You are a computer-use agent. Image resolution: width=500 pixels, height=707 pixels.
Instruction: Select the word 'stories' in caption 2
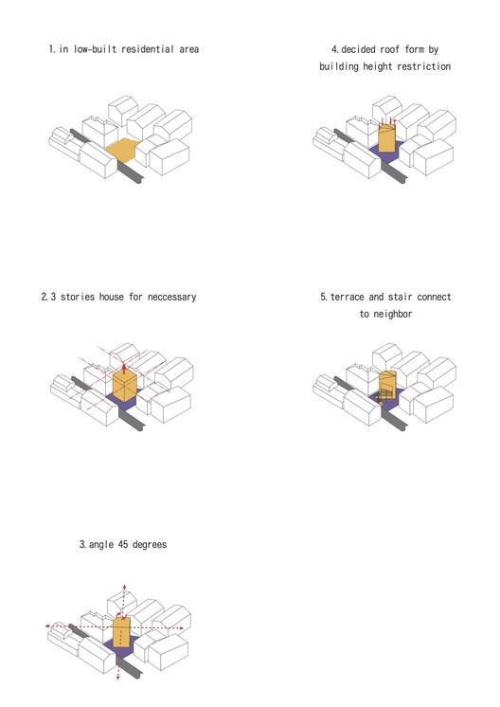[x=78, y=297]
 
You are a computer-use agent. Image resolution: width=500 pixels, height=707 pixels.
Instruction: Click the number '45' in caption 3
[x=123, y=544]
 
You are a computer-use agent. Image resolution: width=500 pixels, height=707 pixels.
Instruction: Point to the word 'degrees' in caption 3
[x=150, y=545]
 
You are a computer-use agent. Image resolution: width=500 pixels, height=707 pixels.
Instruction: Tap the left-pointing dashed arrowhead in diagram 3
[x=47, y=625]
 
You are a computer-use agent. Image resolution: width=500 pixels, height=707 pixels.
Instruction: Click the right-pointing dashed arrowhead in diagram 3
[x=181, y=628]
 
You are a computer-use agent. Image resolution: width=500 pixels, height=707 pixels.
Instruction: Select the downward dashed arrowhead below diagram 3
[x=118, y=677]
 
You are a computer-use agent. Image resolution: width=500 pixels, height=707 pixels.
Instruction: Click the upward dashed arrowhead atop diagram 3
[x=124, y=587]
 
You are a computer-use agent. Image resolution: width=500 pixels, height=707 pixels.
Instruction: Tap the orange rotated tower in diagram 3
[x=121, y=632]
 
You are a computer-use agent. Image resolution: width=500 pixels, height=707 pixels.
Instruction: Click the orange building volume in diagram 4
[x=387, y=138]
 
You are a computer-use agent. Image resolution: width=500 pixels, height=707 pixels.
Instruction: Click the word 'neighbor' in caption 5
[x=392, y=314]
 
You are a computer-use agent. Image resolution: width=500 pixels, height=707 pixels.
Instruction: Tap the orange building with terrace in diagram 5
[x=387, y=386]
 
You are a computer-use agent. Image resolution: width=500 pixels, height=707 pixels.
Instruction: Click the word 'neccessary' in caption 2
[x=172, y=298]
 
